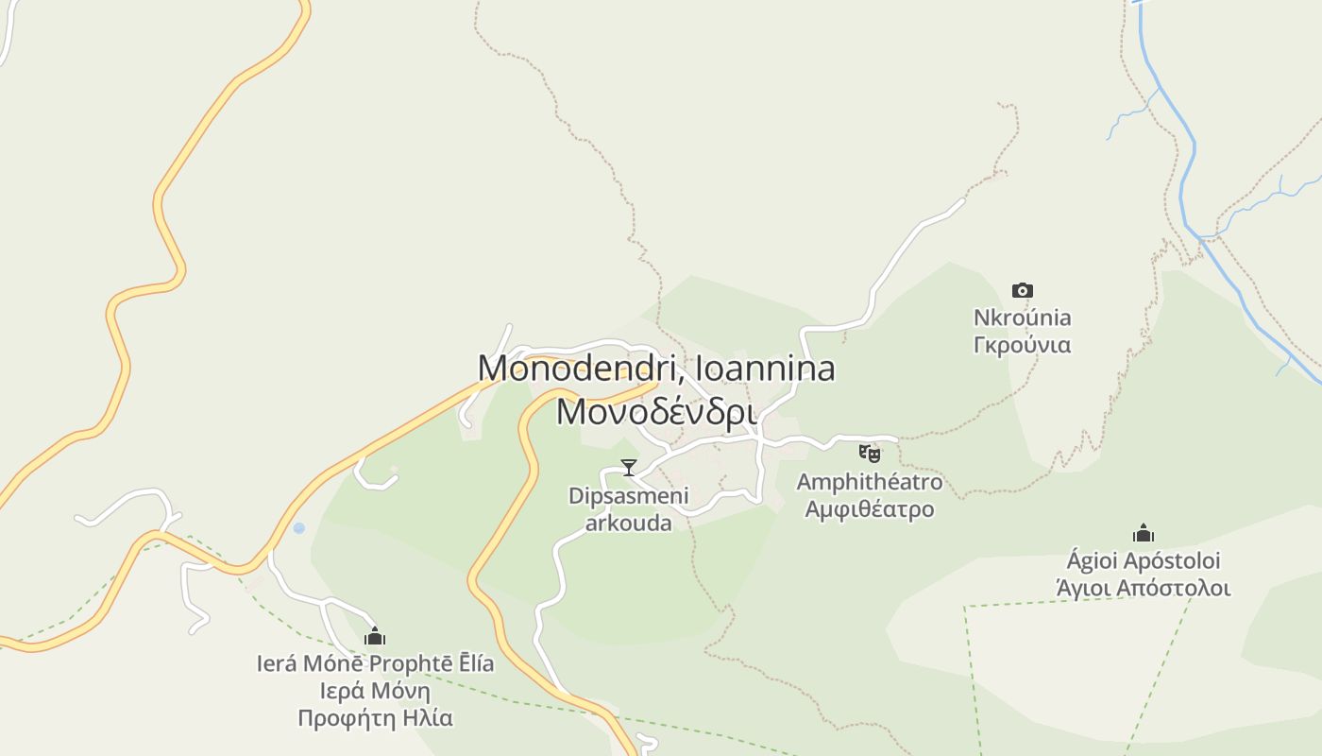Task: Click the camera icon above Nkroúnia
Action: [x=1022, y=290]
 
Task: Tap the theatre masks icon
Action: [x=869, y=454]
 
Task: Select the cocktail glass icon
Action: [x=628, y=467]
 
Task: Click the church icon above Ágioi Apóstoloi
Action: [x=1144, y=534]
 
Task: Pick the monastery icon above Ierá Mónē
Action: [x=375, y=636]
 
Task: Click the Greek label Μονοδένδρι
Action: [x=656, y=412]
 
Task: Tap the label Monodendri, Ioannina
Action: [x=656, y=368]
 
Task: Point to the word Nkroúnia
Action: [x=1022, y=318]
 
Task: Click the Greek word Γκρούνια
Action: [x=1022, y=344]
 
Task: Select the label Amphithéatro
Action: [x=869, y=482]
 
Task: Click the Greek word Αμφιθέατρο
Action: [x=869, y=508]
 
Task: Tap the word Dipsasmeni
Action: [x=629, y=496]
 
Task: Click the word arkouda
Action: [x=629, y=523]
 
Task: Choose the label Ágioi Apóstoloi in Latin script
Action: [x=1144, y=561]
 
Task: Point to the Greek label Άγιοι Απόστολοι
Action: [x=1144, y=588]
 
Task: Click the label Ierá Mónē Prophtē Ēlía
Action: [x=375, y=663]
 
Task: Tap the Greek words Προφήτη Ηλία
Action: [x=375, y=718]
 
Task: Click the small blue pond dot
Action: [x=299, y=528]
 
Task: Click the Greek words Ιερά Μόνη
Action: [x=375, y=691]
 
